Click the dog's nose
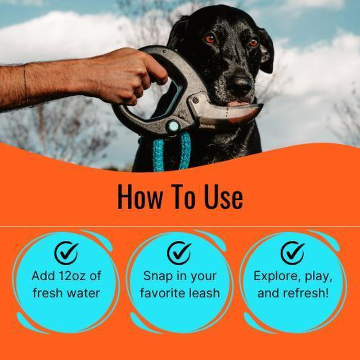[x=241, y=84]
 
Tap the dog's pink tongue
[x=237, y=103]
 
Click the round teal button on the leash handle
[x=173, y=126]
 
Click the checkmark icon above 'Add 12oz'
[x=66, y=253]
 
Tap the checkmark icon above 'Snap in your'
[x=179, y=253]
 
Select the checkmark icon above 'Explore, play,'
[x=292, y=253]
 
